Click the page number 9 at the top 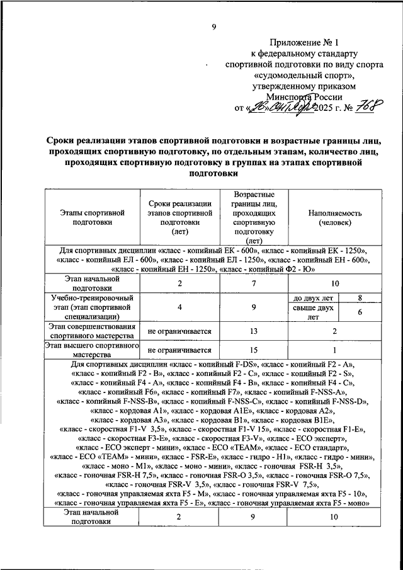point(213,26)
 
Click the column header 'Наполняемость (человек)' point(334,217)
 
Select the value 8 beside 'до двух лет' point(359,297)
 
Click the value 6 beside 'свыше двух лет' point(359,312)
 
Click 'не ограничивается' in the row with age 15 point(179,350)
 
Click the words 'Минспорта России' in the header point(305,97)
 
